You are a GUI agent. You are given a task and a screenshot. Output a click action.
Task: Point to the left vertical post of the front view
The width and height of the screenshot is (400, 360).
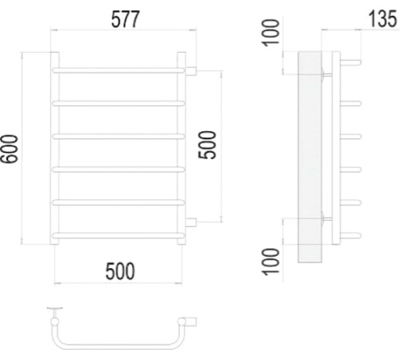[x=55, y=148]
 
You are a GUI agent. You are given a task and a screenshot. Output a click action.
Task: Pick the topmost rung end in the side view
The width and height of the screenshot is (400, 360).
[x=351, y=60]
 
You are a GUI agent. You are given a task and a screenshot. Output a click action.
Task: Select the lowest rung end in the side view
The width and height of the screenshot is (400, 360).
[x=351, y=234]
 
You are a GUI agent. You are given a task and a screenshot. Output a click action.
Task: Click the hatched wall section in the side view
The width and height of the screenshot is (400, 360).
[x=308, y=156]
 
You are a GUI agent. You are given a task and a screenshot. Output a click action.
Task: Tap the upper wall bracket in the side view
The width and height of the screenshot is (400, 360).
[x=324, y=75]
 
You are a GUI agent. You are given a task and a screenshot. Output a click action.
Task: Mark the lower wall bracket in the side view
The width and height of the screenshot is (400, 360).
[x=324, y=216]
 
